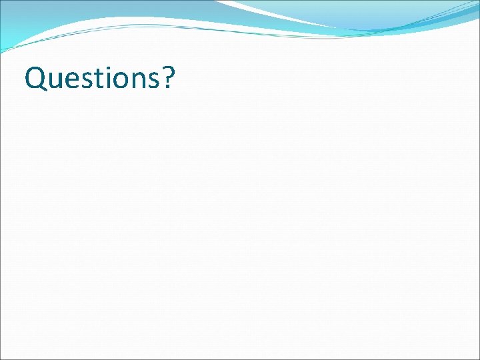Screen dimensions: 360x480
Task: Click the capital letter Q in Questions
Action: pyautogui.click(x=35, y=78)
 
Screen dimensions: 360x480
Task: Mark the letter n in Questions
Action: pyautogui.click(x=135, y=81)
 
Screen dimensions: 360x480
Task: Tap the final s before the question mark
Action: pyautogui.click(x=151, y=81)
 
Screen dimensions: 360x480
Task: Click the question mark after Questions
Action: pyautogui.click(x=167, y=77)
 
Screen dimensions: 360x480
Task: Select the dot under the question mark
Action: pyautogui.click(x=167, y=89)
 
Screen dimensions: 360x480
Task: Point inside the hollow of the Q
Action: pyautogui.click(x=35, y=78)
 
